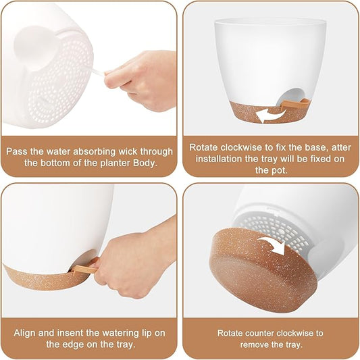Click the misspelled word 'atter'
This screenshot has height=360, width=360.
click(x=341, y=147)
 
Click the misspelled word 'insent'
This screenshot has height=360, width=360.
click(x=70, y=333)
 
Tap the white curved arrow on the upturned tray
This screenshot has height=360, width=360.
click(x=274, y=245)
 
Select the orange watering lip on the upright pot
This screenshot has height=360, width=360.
click(x=294, y=103)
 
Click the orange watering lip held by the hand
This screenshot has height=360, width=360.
click(x=85, y=267)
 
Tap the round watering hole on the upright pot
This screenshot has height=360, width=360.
click(x=290, y=96)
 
